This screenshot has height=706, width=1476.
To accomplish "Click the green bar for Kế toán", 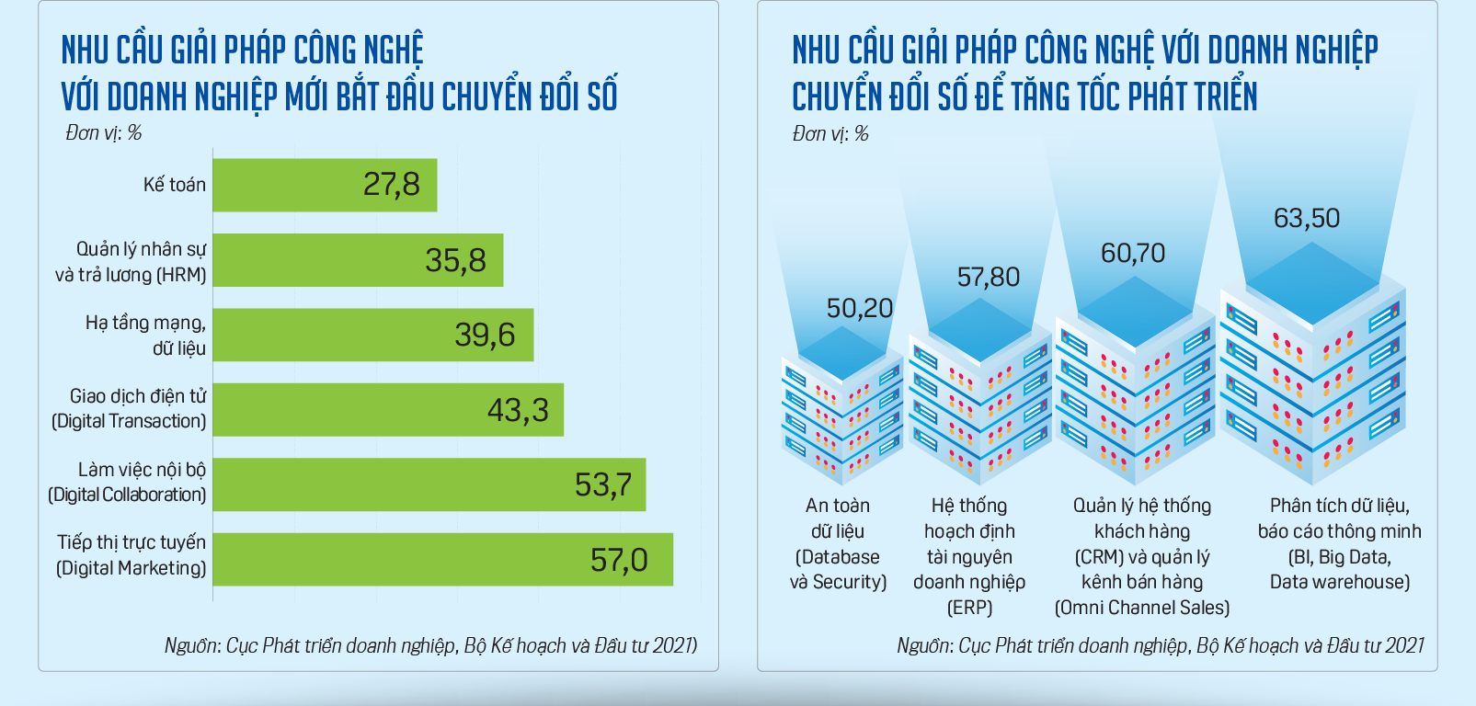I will (325, 185).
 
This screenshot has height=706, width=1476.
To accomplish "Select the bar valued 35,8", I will (358, 260).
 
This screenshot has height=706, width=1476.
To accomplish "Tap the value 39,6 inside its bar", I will (485, 335).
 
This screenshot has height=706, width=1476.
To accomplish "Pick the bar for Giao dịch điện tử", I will (388, 409).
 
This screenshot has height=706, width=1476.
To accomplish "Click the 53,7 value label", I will (602, 484).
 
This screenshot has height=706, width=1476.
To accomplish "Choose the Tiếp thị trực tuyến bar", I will (442, 559).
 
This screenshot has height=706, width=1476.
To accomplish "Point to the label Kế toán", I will (174, 185).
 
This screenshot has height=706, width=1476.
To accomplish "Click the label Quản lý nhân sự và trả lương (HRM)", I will (131, 262).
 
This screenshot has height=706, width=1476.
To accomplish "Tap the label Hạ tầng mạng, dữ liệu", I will (145, 336).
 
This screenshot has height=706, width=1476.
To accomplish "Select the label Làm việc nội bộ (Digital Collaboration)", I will (127, 483).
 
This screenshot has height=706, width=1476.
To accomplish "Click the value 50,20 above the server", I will (859, 308).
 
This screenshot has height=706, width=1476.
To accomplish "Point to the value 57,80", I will (988, 277).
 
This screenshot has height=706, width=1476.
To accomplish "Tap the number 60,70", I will (1132, 253).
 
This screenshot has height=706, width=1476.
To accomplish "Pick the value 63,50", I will (1306, 218).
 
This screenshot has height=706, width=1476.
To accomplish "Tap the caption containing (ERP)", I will (969, 556).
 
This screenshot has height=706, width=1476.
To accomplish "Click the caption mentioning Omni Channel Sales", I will (1141, 556).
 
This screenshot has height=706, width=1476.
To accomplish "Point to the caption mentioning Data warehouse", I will (1339, 543).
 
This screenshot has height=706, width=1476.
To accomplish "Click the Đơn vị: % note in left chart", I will (103, 133).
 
